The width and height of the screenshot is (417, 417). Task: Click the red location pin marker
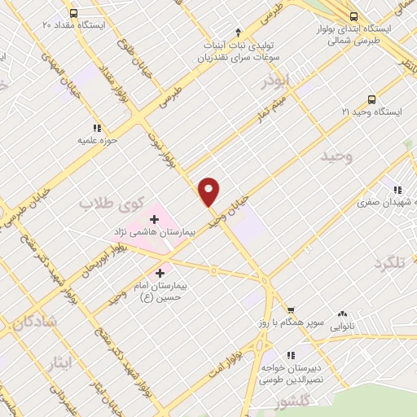point(209,191)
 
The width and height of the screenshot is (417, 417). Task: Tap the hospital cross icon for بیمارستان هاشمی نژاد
point(154,219)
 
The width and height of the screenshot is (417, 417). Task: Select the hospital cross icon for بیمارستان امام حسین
point(160,273)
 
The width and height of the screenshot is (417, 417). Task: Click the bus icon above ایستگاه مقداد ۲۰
point(74,13)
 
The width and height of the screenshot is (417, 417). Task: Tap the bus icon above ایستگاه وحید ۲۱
point(371,97)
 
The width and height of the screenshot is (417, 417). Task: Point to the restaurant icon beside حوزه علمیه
point(97,128)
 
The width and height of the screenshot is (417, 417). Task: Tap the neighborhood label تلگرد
point(389,263)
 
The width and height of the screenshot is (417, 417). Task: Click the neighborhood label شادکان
point(34,323)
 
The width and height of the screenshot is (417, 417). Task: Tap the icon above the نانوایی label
point(342,314)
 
